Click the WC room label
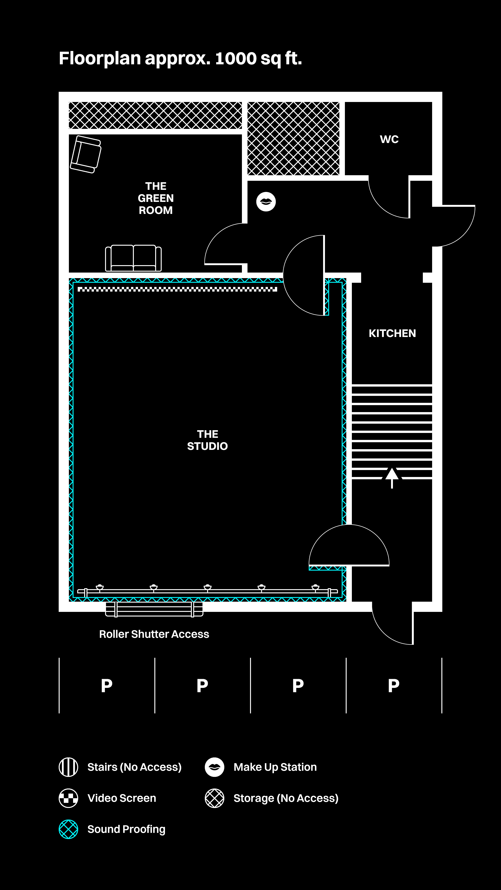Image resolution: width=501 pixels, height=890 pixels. click(x=389, y=139)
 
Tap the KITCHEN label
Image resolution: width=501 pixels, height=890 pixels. click(x=392, y=334)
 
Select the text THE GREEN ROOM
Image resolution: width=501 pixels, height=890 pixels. click(x=156, y=198)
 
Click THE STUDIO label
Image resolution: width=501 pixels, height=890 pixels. click(x=207, y=440)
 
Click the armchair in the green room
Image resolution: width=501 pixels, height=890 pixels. click(x=86, y=154)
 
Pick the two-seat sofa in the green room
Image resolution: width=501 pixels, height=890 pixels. click(x=133, y=258)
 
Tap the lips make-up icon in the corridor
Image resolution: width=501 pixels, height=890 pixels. click(x=266, y=201)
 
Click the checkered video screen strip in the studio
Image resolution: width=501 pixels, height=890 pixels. click(x=177, y=289)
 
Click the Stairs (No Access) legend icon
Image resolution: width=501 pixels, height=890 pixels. click(x=68, y=767)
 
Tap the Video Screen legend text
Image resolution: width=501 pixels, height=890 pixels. click(x=122, y=798)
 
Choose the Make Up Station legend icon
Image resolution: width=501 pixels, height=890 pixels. click(x=214, y=767)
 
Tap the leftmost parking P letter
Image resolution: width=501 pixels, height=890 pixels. click(x=106, y=686)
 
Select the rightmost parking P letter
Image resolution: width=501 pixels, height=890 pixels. click(x=393, y=686)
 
